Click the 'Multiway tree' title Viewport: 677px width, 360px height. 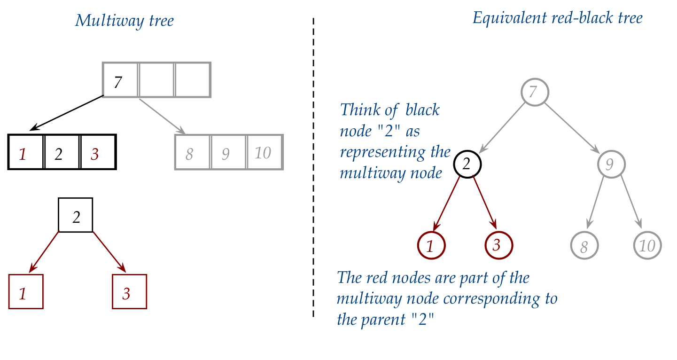click(124, 21)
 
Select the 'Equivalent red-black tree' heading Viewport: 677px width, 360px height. click(557, 18)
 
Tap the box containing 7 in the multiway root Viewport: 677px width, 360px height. click(120, 80)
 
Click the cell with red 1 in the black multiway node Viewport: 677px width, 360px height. click(26, 152)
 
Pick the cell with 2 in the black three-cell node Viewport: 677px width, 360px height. click(62, 152)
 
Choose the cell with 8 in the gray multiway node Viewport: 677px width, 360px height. click(193, 152)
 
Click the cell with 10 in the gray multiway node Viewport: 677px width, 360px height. click(265, 152)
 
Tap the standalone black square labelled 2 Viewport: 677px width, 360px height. click(76, 215)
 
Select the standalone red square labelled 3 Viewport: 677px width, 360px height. click(129, 292)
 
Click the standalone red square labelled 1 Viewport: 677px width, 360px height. click(26, 292)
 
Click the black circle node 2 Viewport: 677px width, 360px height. click(467, 164)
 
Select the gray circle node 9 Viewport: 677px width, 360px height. click(612, 164)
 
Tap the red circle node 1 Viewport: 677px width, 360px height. click(431, 245)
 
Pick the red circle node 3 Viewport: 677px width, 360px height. click(499, 245)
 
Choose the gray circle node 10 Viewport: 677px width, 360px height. click(647, 245)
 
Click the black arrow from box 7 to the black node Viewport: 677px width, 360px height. click(66, 113)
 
